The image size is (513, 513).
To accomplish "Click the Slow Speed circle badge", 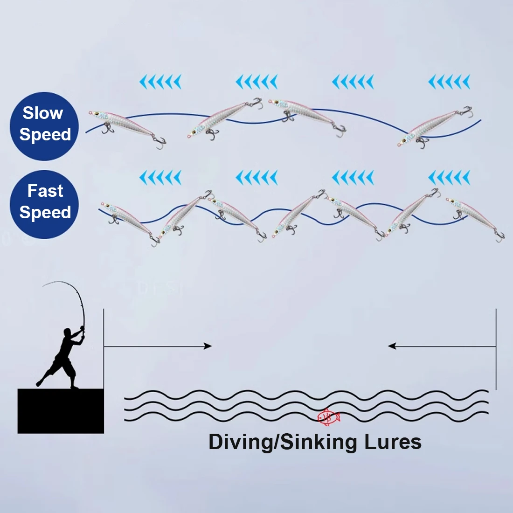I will coord(44,126).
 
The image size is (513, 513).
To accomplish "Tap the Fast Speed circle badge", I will coord(44,204).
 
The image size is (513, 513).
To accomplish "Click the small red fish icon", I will coord(328,416).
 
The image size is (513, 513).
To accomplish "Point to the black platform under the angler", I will coord(61,411).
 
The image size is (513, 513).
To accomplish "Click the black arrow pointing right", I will coord(208,346).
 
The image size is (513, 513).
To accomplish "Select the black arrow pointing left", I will coord(393,346).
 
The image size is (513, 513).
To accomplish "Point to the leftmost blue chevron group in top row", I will coord(160,83).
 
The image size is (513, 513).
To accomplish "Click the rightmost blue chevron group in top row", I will coord(449,83).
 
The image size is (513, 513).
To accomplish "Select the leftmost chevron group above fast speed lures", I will coord(160,178).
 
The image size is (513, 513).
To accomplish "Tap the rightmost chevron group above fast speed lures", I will coord(449,178).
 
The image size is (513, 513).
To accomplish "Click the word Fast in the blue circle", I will coord(45,191).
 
